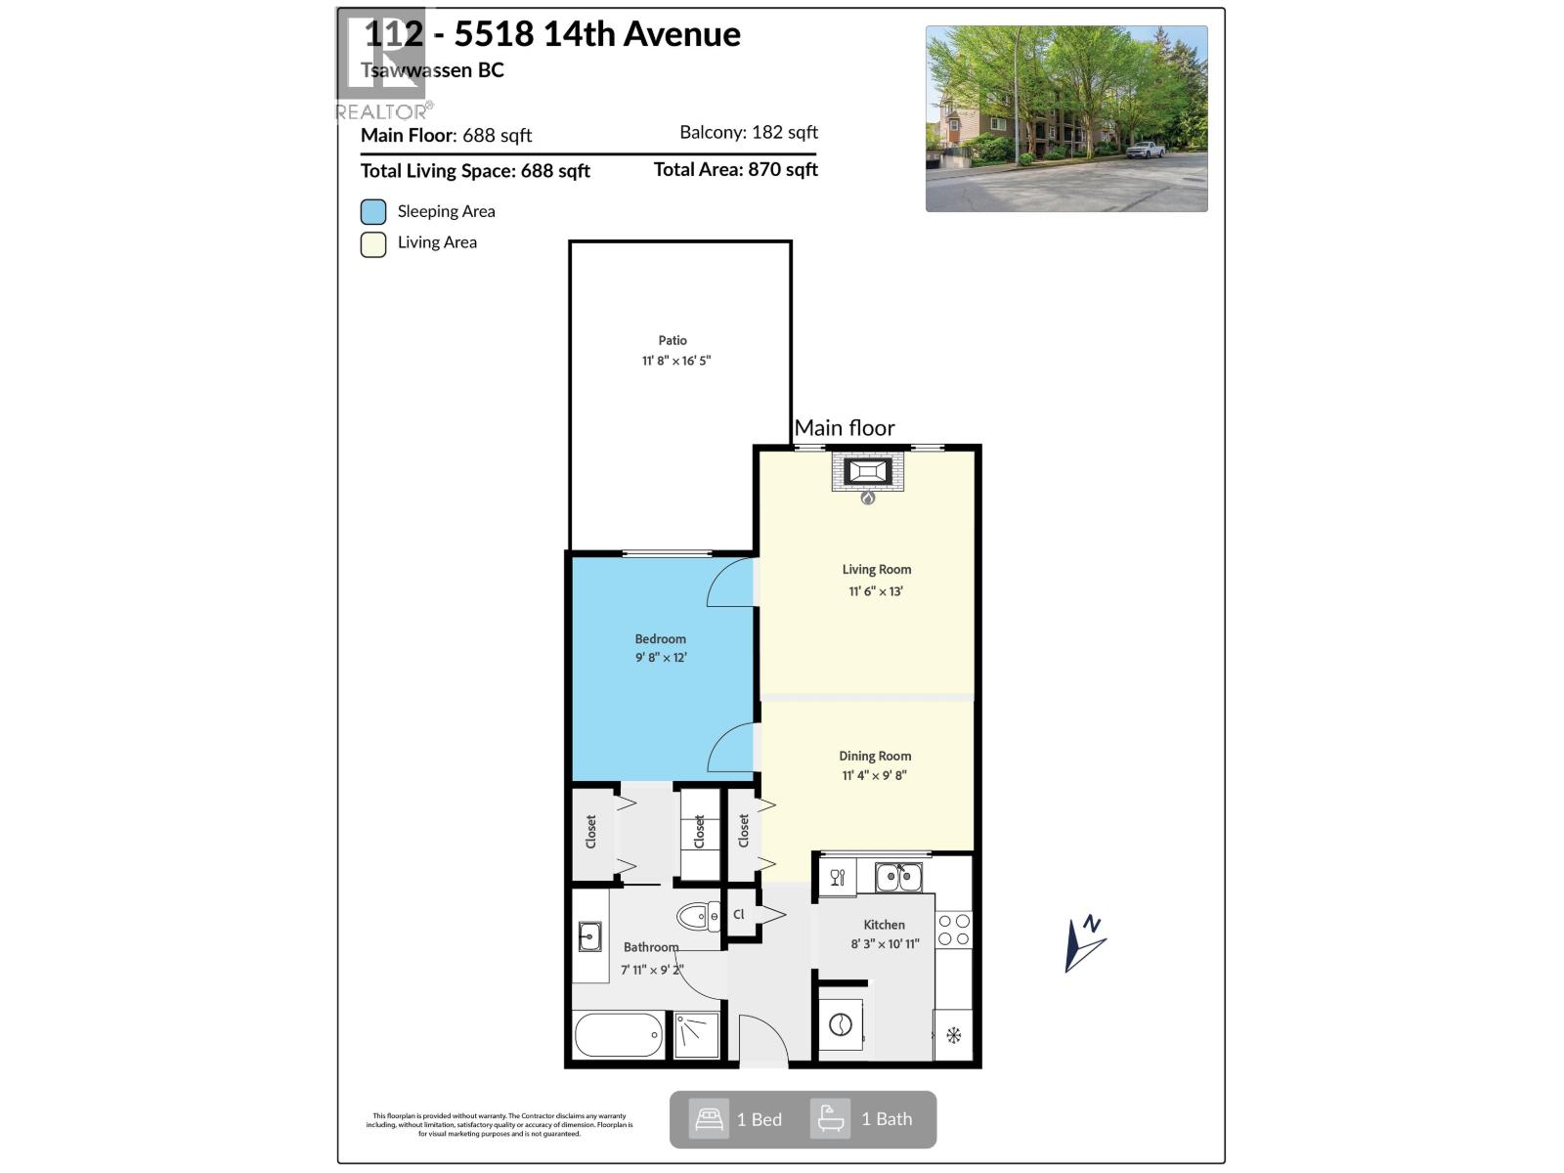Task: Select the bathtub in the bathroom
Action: click(619, 1034)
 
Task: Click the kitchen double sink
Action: click(898, 877)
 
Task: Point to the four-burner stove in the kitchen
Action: click(954, 930)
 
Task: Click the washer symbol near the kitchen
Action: click(841, 1024)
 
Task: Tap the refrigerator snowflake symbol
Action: click(954, 1035)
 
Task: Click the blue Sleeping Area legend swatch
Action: click(373, 212)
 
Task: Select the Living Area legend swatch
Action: click(373, 243)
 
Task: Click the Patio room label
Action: click(673, 340)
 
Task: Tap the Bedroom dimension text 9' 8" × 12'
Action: click(661, 658)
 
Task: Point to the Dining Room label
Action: click(875, 756)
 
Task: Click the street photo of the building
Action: click(1066, 118)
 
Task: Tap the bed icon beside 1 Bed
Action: click(709, 1119)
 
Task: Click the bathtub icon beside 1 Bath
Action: click(831, 1119)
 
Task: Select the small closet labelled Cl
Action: click(741, 915)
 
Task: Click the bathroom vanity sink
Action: click(589, 935)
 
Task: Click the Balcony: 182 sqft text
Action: click(749, 133)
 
